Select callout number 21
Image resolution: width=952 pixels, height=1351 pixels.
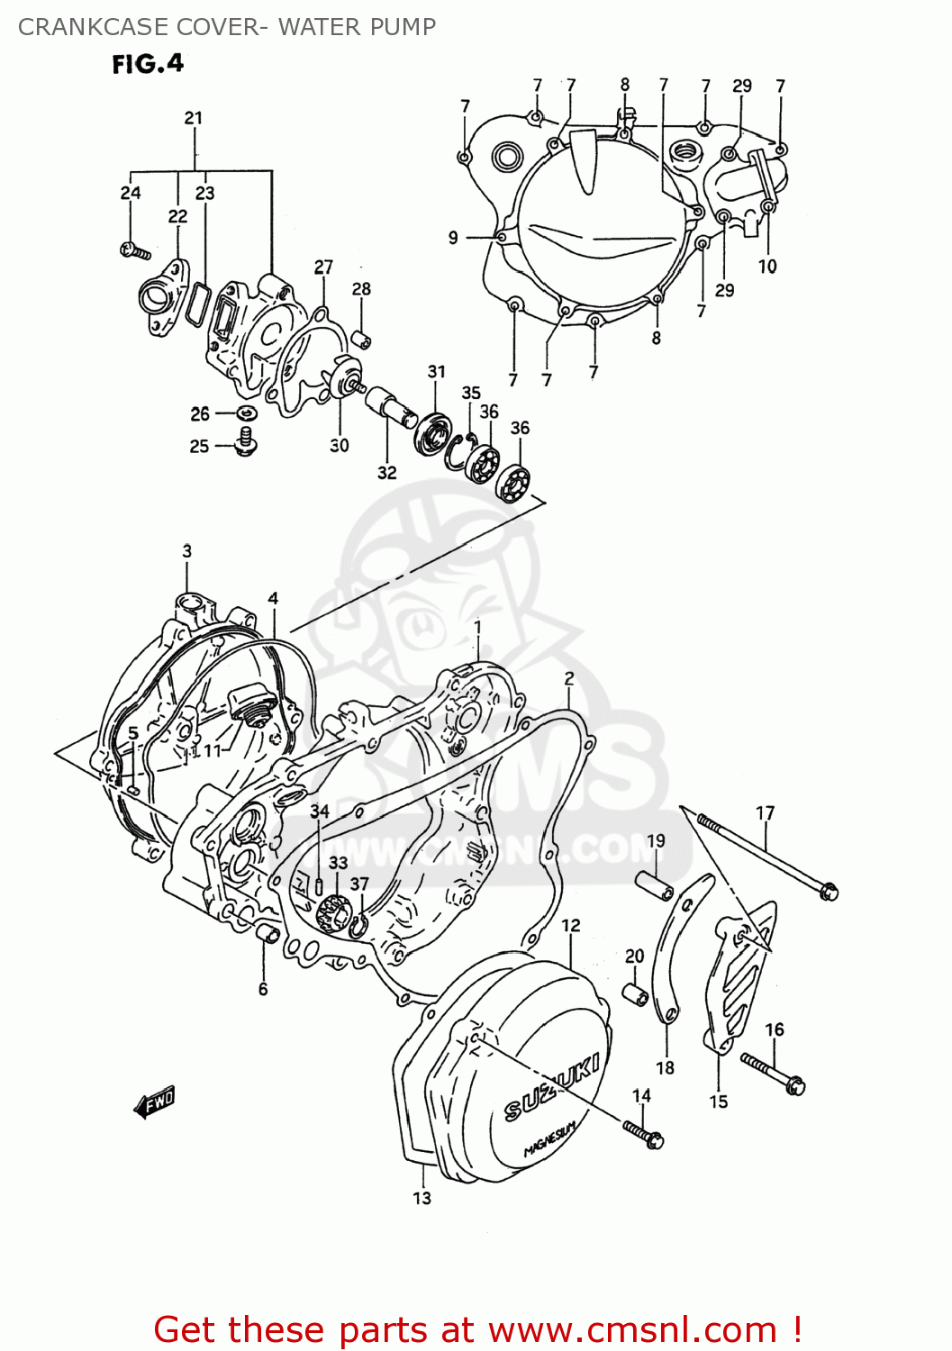tap(194, 118)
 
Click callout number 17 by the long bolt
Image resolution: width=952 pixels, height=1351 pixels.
tap(765, 812)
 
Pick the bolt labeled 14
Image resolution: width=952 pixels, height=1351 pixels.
tap(643, 1132)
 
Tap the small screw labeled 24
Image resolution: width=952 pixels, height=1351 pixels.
tap(134, 249)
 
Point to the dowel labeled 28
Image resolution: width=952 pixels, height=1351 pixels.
tap(362, 340)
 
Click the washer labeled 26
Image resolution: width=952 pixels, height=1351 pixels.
tap(246, 413)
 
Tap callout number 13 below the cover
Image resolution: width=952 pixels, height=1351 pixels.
tap(422, 1198)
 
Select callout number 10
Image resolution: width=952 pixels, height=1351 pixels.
tap(767, 266)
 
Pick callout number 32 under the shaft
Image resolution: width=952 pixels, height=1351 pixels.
tap(387, 472)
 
